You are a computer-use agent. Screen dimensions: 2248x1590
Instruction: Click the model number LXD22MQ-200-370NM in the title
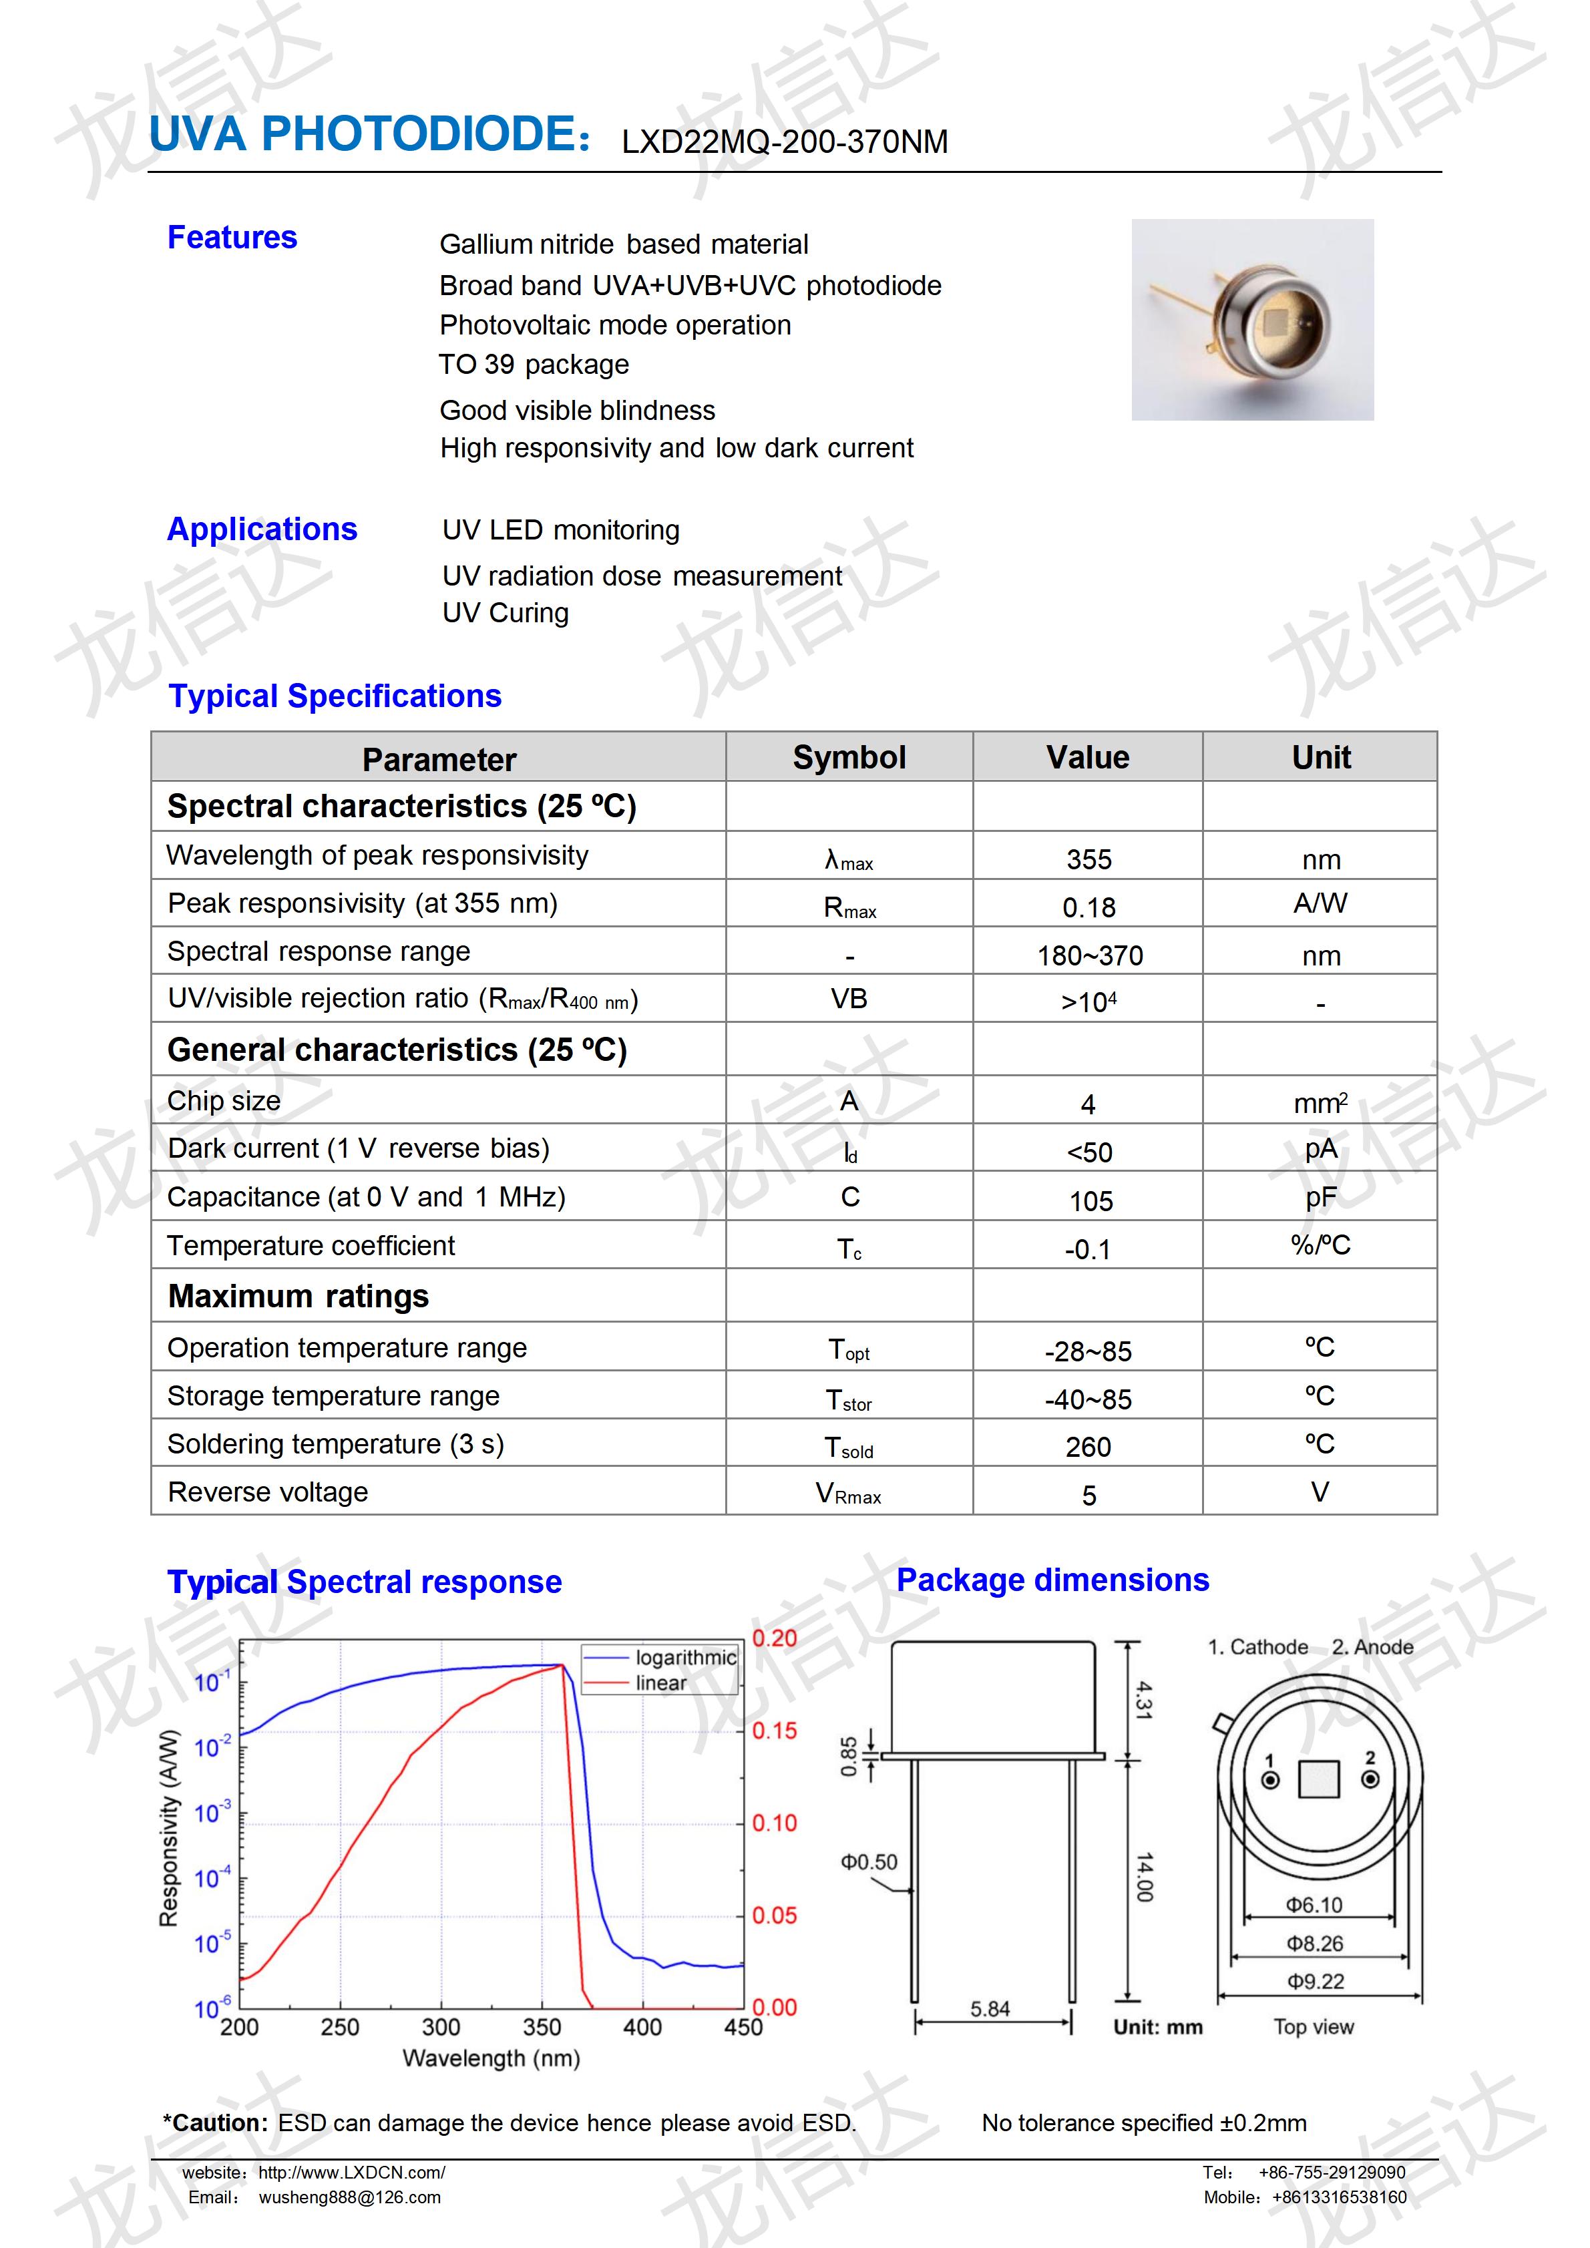784,143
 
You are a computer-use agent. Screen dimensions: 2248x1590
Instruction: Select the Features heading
232,238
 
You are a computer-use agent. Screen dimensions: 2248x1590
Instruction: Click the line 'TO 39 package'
534,365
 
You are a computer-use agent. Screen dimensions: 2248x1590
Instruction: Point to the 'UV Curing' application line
506,613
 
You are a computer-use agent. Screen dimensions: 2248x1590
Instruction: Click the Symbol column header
849,757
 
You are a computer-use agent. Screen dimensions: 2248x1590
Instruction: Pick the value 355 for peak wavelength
1088,860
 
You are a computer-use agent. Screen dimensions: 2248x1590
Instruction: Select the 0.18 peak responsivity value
1088,907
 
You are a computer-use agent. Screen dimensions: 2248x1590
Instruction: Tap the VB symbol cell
849,999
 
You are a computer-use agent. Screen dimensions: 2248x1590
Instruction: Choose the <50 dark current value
1088,1152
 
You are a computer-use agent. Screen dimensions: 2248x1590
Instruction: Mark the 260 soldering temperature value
1088,1447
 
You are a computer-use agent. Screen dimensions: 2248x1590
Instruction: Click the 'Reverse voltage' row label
268,1492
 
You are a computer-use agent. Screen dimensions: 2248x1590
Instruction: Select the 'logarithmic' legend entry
684,1658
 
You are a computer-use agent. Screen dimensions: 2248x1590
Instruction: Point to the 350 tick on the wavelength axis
542,2027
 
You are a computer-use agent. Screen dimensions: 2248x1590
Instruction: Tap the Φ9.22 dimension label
1315,1982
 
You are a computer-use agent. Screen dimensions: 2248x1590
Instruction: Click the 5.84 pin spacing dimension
990,2009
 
